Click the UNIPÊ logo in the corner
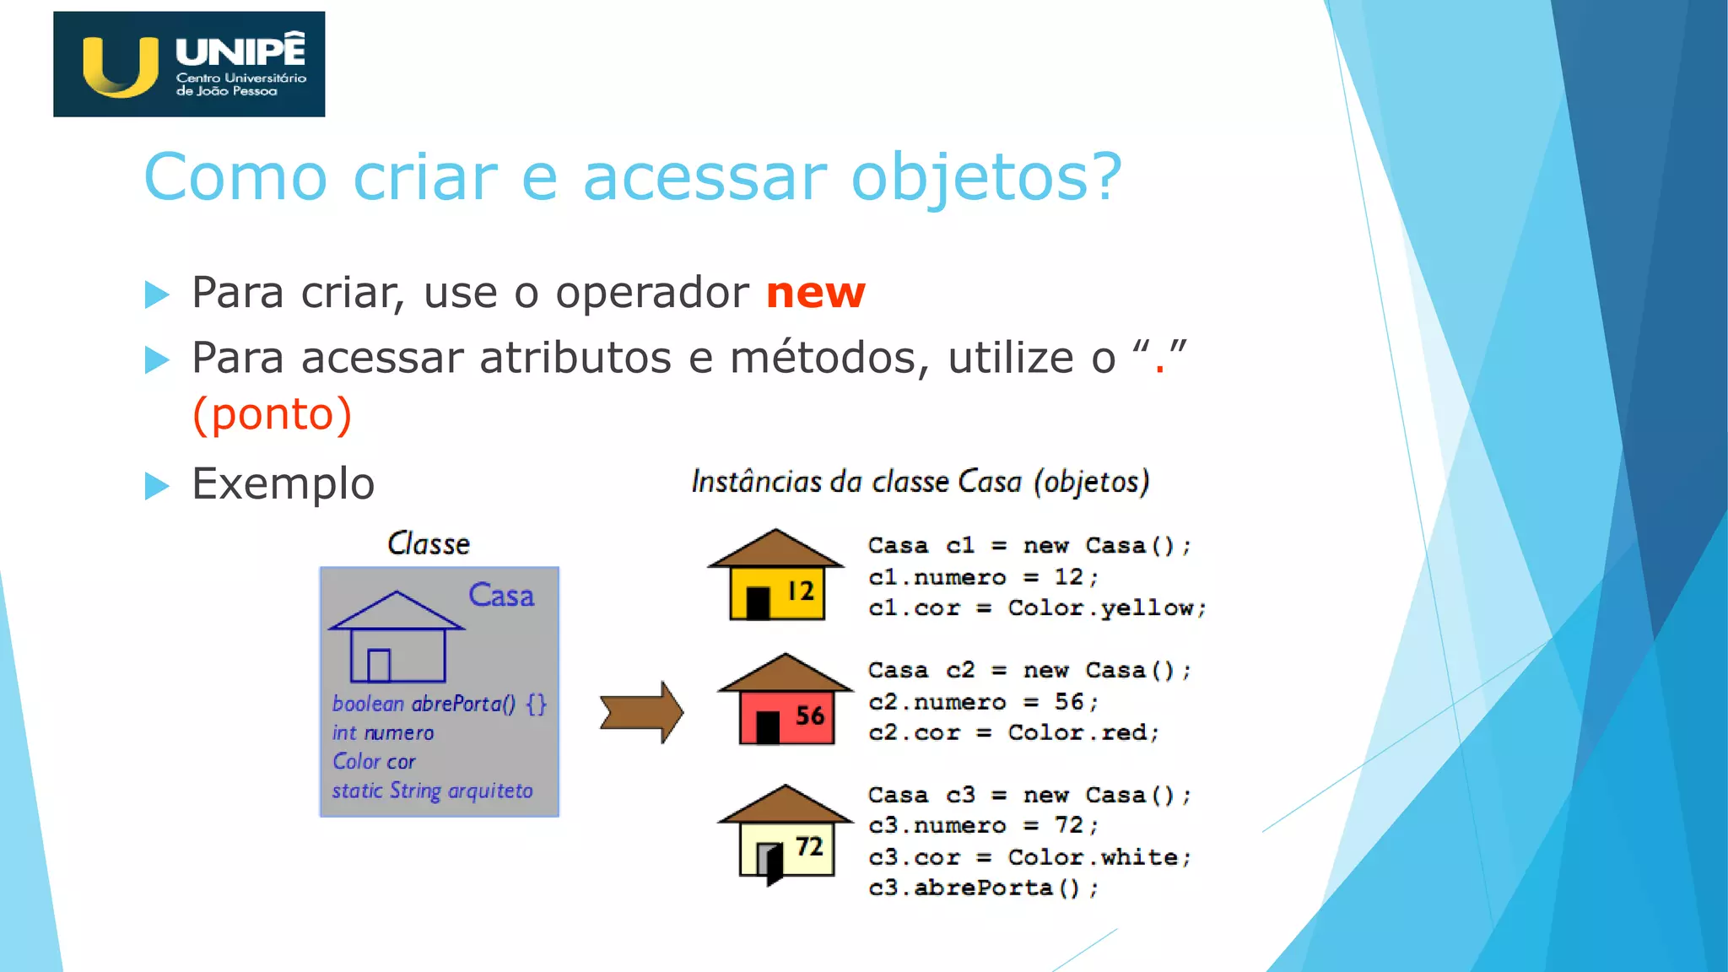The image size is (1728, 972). [188, 64]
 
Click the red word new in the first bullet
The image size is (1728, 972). [815, 293]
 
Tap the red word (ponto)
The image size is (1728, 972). [272, 414]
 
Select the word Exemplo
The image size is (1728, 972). [283, 483]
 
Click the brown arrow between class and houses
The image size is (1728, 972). [641, 712]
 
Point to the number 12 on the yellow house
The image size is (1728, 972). [800, 591]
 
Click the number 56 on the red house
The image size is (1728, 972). [809, 715]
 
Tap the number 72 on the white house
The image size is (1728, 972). [808, 846]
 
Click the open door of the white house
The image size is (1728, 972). [770, 863]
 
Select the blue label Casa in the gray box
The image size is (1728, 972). [501, 596]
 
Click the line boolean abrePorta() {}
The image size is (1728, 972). [439, 704]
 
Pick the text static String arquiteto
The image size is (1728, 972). [432, 791]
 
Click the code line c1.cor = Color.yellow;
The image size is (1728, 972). [1037, 608]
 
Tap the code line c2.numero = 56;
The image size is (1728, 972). [983, 702]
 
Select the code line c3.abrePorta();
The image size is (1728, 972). [983, 888]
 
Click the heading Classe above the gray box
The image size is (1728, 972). [429, 544]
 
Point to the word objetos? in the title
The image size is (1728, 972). [985, 177]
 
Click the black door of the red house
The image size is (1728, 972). [768, 727]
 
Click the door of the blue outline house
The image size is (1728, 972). [379, 665]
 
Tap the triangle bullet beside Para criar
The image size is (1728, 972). [157, 294]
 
